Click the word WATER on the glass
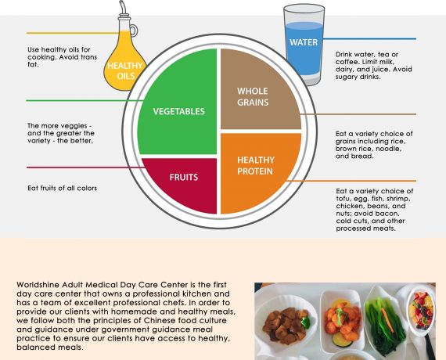tap(304, 42)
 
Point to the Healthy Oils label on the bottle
tap(125, 71)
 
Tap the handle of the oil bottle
tap(134, 31)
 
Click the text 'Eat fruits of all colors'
tap(63, 188)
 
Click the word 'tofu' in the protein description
tap(344, 199)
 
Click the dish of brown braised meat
tap(286, 325)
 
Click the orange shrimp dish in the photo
tap(342, 320)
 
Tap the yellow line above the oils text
tap(73, 34)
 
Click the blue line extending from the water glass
tap(369, 38)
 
